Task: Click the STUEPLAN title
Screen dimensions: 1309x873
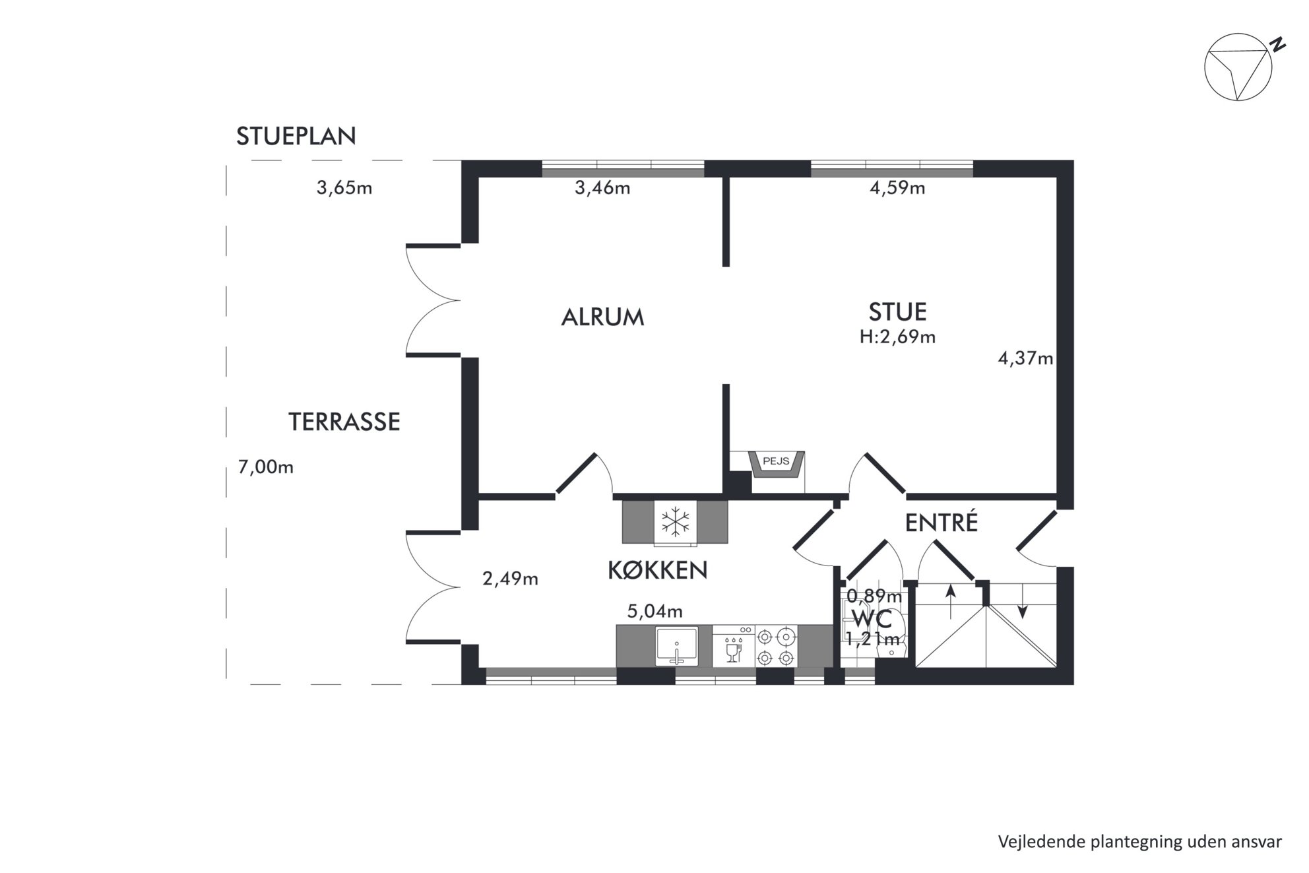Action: pos(296,136)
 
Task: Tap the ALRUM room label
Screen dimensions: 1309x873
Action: pos(602,317)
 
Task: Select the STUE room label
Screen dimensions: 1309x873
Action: pos(897,311)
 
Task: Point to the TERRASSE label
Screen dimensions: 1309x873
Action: pos(344,422)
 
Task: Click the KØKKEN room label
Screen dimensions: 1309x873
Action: pos(657,570)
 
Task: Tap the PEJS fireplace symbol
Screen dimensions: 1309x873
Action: pos(776,463)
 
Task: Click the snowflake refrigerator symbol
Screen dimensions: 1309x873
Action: pos(676,521)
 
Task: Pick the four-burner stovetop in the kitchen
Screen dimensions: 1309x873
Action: pos(775,647)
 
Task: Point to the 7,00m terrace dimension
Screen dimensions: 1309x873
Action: pos(266,467)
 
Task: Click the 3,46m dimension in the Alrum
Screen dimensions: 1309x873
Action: pos(602,188)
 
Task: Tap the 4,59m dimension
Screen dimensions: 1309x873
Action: pos(897,188)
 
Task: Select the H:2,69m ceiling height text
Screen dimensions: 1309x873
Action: pos(897,337)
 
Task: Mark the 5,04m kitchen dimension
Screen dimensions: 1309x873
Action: pos(654,612)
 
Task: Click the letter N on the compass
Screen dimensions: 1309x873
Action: pos(1278,45)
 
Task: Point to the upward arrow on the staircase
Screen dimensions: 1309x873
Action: pos(951,601)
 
